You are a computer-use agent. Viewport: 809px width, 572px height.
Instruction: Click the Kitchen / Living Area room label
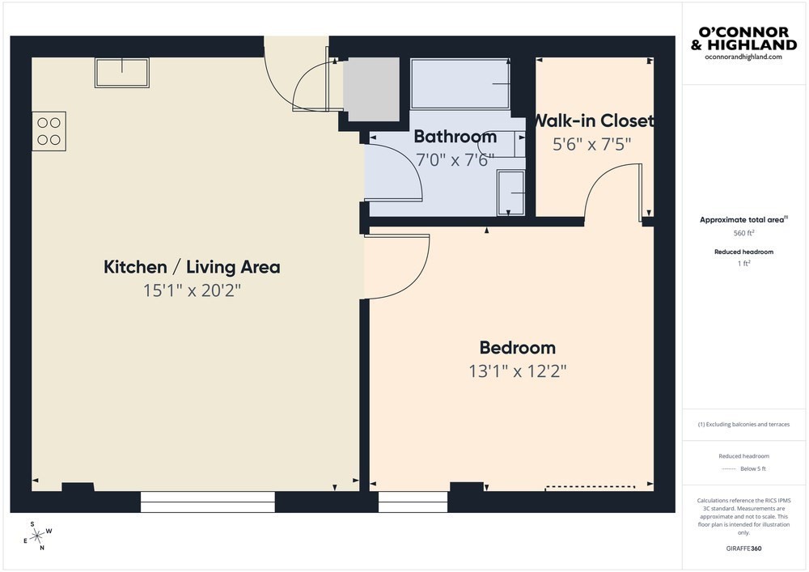pyautogui.click(x=192, y=267)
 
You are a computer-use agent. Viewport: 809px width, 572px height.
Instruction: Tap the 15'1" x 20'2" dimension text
pyautogui.click(x=192, y=291)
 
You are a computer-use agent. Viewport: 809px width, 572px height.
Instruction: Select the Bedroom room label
pyautogui.click(x=518, y=348)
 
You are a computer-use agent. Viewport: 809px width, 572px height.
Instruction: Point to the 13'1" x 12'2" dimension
pyautogui.click(x=518, y=371)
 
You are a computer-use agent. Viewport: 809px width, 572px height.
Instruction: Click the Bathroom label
pyautogui.click(x=455, y=137)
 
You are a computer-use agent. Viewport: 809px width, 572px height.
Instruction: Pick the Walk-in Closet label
pyautogui.click(x=593, y=121)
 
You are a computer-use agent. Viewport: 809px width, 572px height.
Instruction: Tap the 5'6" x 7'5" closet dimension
pyautogui.click(x=592, y=145)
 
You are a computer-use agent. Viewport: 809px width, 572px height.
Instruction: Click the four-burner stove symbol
pyautogui.click(x=49, y=131)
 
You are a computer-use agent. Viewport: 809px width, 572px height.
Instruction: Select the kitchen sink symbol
pyautogui.click(x=122, y=73)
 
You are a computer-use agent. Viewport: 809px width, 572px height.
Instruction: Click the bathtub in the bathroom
pyautogui.click(x=460, y=83)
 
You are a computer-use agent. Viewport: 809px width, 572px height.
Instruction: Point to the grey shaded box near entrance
pyautogui.click(x=371, y=89)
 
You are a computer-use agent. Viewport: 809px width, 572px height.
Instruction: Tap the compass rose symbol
pyautogui.click(x=37, y=536)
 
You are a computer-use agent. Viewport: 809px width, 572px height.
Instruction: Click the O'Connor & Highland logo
pyautogui.click(x=743, y=39)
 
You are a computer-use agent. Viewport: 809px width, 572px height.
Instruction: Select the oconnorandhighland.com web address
pyautogui.click(x=743, y=57)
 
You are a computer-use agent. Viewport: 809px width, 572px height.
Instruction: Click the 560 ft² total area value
pyautogui.click(x=743, y=233)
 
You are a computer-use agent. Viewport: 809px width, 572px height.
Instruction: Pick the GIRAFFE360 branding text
pyautogui.click(x=743, y=549)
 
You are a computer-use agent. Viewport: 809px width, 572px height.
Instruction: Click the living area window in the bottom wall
pyautogui.click(x=207, y=502)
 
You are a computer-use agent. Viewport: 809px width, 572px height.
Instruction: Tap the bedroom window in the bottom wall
pyautogui.click(x=413, y=502)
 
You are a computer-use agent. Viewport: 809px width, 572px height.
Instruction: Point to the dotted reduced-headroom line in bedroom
pyautogui.click(x=591, y=486)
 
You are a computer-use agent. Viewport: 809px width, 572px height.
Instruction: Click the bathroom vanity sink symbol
pyautogui.click(x=510, y=193)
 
